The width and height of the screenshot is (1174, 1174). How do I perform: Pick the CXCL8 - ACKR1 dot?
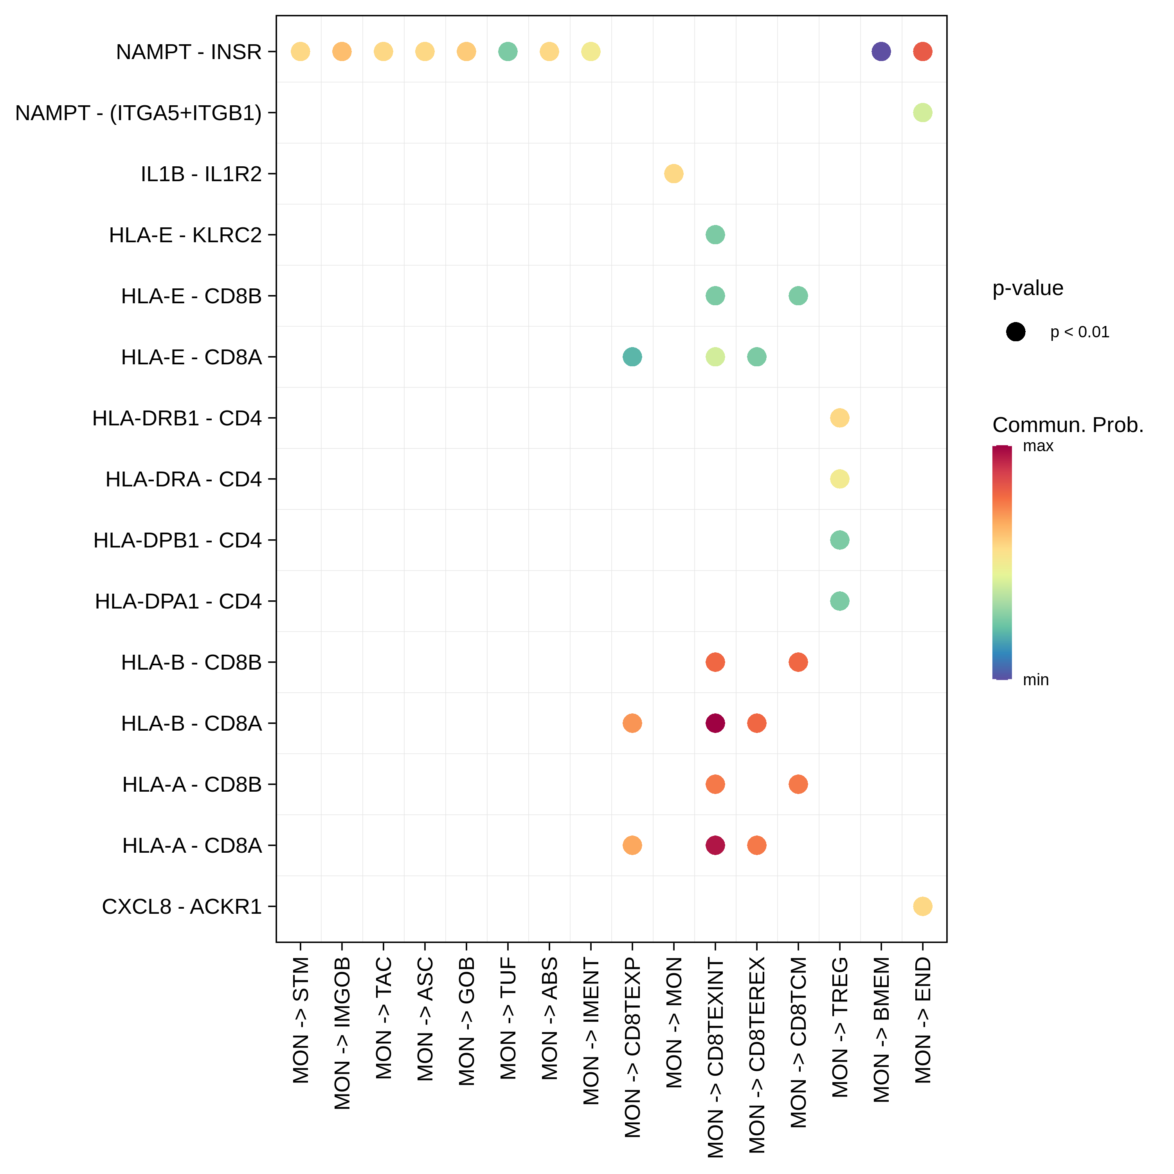point(922,906)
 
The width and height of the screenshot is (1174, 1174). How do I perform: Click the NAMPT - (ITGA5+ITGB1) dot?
point(922,112)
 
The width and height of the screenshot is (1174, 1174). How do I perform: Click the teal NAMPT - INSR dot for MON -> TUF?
point(508,52)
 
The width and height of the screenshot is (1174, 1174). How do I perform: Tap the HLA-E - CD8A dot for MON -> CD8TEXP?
point(632,357)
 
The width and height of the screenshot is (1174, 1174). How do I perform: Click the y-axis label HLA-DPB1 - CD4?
point(177,540)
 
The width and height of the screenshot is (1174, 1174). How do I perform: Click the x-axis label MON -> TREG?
point(840,1027)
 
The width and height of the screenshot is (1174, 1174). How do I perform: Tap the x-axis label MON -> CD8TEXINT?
point(715,1057)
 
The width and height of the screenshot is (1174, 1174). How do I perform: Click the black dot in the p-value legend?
point(1016,332)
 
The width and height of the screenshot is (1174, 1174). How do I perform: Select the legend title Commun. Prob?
point(1068,425)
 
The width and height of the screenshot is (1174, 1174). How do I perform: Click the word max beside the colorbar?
point(1038,446)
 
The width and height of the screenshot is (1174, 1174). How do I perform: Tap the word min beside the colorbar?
point(1035,679)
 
